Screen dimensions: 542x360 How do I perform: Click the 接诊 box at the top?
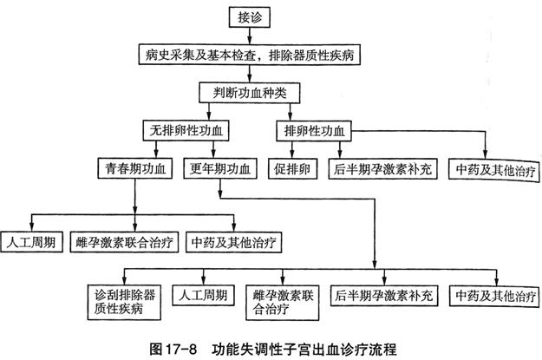(x=249, y=17)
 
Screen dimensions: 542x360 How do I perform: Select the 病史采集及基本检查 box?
(x=249, y=55)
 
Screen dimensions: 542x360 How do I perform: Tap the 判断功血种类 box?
(x=249, y=93)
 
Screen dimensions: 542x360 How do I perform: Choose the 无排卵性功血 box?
(x=186, y=130)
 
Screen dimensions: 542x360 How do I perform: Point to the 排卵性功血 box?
(x=314, y=131)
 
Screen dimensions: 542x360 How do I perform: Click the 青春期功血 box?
(x=134, y=168)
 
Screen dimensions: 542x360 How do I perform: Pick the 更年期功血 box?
(x=220, y=168)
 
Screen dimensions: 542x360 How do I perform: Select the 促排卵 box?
(x=292, y=169)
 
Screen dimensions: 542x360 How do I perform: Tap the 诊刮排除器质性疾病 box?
(x=124, y=302)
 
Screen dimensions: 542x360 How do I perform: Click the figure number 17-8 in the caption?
(x=181, y=350)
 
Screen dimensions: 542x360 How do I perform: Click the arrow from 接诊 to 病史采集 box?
(x=249, y=36)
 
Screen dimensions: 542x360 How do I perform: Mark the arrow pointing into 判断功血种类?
(x=249, y=74)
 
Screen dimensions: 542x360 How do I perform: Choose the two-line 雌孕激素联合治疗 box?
(x=282, y=303)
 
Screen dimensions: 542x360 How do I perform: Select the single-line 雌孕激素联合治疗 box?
(x=124, y=242)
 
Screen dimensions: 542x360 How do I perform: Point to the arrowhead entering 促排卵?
(x=292, y=155)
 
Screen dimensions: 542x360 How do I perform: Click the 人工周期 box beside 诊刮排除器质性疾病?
(x=203, y=295)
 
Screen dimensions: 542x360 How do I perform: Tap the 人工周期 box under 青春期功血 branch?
(x=31, y=242)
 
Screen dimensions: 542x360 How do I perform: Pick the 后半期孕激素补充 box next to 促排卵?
(x=382, y=169)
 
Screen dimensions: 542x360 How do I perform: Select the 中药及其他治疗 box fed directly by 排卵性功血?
(x=494, y=169)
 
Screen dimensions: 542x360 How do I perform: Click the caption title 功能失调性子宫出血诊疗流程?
(x=304, y=350)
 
